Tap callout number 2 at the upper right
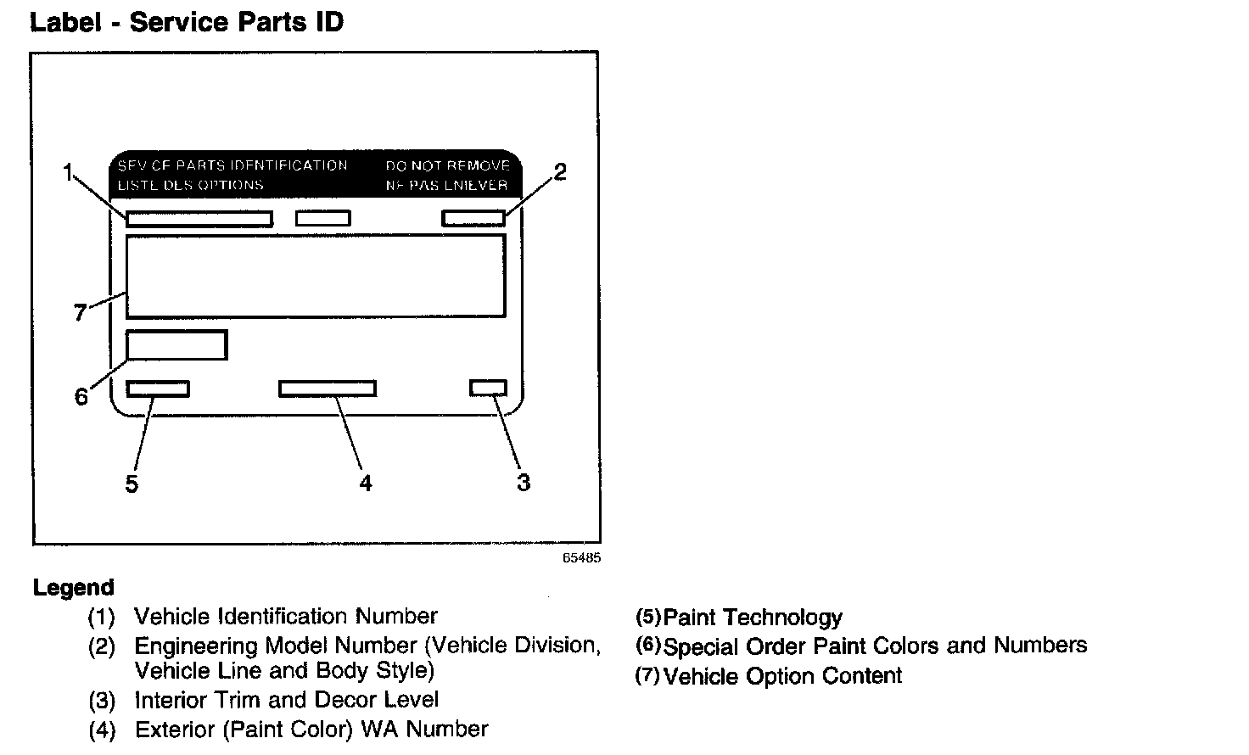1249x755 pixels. point(559,172)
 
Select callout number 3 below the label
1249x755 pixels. point(524,483)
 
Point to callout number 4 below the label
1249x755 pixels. point(365,484)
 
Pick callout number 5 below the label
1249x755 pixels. point(132,484)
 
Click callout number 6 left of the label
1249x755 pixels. point(81,396)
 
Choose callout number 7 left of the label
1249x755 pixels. point(80,313)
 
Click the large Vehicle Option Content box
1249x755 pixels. point(316,276)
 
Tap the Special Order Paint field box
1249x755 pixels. point(176,345)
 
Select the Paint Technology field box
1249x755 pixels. point(158,389)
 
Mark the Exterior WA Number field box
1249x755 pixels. point(328,389)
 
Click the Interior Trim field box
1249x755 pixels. point(488,388)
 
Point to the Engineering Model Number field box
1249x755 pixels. point(473,218)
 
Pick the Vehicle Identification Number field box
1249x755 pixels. point(199,219)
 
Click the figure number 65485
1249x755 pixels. point(581,559)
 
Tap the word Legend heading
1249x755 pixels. point(73,588)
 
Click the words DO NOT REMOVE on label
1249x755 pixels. point(447,166)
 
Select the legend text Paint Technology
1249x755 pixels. point(753,618)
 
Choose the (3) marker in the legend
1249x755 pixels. point(101,701)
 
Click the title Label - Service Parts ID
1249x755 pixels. point(187,22)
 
